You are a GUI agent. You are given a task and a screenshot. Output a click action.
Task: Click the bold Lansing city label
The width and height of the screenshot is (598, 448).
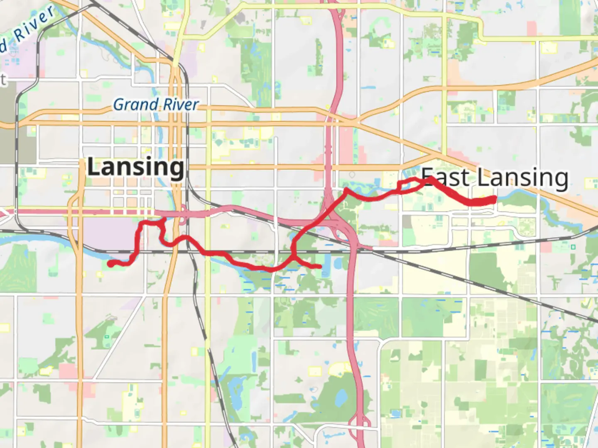point(135,168)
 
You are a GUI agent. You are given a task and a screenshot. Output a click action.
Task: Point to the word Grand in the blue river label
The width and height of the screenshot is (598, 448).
point(135,105)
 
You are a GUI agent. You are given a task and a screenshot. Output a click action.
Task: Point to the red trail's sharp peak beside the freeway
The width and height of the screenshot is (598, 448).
point(346,190)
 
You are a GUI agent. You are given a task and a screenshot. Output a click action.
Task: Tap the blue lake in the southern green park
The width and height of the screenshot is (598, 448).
point(341,399)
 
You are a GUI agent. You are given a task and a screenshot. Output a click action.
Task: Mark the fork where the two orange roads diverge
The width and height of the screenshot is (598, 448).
point(356,122)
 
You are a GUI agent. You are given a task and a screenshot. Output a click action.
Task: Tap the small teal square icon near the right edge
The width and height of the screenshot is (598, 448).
point(573,247)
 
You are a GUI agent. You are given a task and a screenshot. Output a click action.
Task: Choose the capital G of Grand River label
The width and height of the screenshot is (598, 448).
point(119,105)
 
